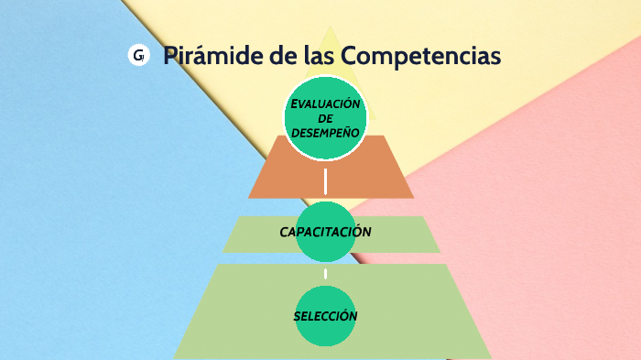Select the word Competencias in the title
click(x=421, y=56)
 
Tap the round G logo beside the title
click(x=138, y=56)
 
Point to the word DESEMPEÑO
click(x=325, y=133)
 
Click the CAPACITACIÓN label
click(x=325, y=232)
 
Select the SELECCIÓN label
click(x=325, y=316)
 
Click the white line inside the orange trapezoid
click(x=326, y=180)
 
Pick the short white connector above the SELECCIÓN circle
click(x=326, y=273)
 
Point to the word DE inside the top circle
click(x=325, y=118)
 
